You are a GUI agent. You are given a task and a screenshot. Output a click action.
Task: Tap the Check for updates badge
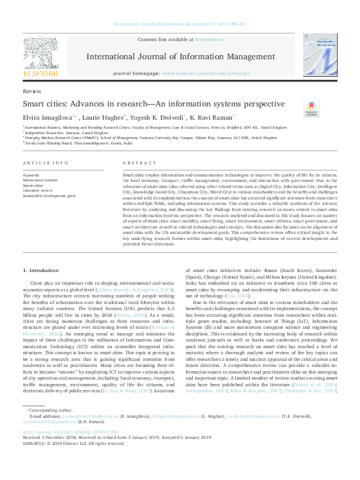[312, 109]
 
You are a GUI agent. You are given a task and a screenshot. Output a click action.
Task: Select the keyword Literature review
[37, 190]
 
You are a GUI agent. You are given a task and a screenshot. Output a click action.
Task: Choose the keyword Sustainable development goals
[49, 196]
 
